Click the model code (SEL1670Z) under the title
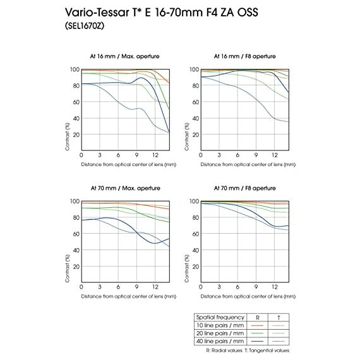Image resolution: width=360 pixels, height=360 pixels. click(x=85, y=25)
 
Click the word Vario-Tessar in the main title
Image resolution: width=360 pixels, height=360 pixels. click(x=97, y=12)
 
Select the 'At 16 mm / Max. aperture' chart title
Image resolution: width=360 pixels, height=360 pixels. click(x=124, y=56)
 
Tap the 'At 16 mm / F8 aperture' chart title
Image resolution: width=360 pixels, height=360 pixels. click(x=245, y=56)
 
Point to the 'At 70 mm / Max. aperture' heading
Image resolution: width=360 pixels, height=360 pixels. click(x=125, y=188)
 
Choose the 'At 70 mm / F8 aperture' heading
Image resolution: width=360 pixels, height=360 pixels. click(x=245, y=188)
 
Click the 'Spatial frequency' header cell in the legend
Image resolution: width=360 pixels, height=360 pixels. click(x=220, y=317)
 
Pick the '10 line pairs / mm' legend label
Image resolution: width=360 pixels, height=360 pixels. click(x=220, y=325)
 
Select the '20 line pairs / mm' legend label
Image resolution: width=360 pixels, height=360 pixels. click(x=220, y=333)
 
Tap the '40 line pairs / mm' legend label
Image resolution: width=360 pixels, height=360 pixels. click(x=220, y=342)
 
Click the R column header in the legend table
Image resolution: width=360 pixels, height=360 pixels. click(x=258, y=318)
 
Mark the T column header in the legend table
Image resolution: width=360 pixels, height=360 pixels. click(x=279, y=318)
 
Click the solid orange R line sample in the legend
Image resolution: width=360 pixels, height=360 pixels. click(x=257, y=325)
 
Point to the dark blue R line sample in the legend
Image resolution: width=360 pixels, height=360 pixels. click(x=257, y=342)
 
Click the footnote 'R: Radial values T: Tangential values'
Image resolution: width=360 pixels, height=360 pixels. click(x=248, y=351)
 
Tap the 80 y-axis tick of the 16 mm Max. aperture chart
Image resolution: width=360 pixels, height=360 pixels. click(x=76, y=86)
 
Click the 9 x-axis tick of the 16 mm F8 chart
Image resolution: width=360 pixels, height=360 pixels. click(x=256, y=155)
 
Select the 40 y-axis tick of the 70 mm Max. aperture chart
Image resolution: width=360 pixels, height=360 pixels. click(x=76, y=250)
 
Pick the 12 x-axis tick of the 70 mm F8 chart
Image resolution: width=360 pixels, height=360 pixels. click(x=275, y=287)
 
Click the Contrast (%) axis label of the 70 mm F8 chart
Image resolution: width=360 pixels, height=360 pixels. click(x=187, y=268)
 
